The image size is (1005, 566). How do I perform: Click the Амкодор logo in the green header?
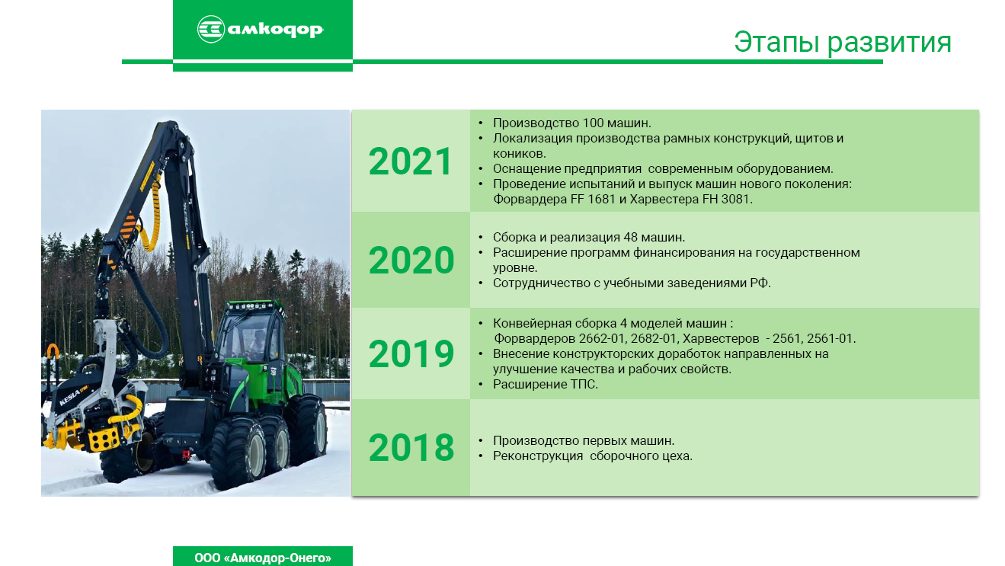tap(261, 29)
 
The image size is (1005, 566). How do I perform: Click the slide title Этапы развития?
tap(843, 42)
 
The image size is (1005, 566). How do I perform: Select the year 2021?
tap(410, 161)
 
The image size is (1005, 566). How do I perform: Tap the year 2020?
tap(411, 260)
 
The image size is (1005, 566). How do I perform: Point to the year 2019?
tap(411, 354)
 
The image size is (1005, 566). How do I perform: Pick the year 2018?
tap(411, 448)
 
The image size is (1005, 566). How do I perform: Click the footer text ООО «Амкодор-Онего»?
tap(263, 558)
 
